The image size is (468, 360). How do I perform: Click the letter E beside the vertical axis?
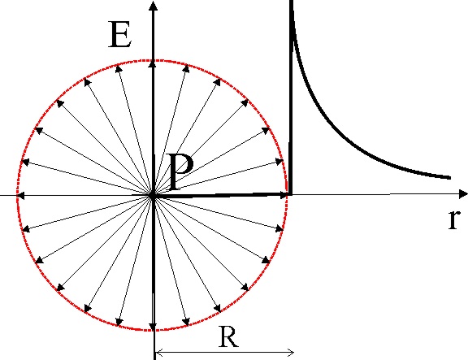tap(119, 34)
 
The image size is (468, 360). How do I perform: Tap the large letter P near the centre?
tap(181, 171)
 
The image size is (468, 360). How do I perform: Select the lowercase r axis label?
tap(453, 219)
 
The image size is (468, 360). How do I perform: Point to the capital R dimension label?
tap(228, 336)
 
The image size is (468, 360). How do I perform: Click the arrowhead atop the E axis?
tap(153, 6)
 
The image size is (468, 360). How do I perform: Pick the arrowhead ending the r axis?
tap(463, 194)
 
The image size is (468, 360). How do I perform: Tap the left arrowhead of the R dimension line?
tap(158, 353)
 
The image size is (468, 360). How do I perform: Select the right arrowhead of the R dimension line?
tap(291, 353)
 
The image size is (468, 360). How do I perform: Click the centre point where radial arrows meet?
tap(153, 196)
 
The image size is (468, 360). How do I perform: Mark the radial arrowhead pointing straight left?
tap(20, 196)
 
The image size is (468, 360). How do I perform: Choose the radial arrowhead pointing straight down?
tap(153, 327)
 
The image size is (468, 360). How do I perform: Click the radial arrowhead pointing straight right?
tap(283, 196)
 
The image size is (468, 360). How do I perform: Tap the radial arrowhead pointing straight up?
tap(153, 63)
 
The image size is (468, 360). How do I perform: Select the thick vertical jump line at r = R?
tap(290, 98)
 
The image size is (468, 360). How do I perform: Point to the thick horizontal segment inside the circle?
tap(221, 195)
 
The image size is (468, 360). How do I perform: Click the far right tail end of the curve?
tap(449, 178)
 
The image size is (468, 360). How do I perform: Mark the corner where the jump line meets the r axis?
tap(290, 194)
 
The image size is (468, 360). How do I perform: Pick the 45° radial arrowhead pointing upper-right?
tap(245, 102)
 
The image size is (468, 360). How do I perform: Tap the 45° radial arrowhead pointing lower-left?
tap(60, 288)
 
